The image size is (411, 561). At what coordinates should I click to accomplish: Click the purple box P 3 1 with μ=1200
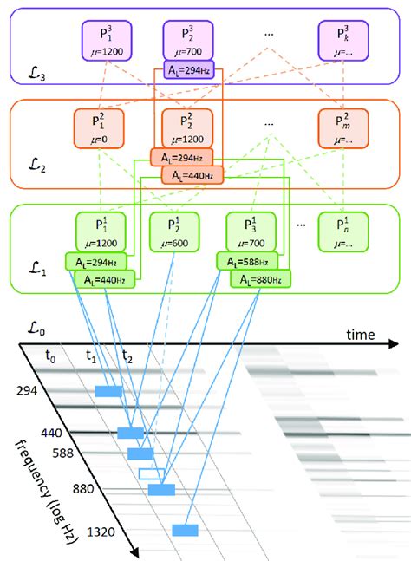click(x=105, y=40)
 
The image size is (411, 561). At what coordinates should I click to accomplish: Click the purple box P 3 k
click(x=341, y=40)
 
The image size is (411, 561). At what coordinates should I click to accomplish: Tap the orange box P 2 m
click(x=341, y=128)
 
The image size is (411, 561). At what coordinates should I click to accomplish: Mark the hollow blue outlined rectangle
click(x=151, y=473)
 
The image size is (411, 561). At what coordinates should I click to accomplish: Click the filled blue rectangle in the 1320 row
click(x=185, y=530)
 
